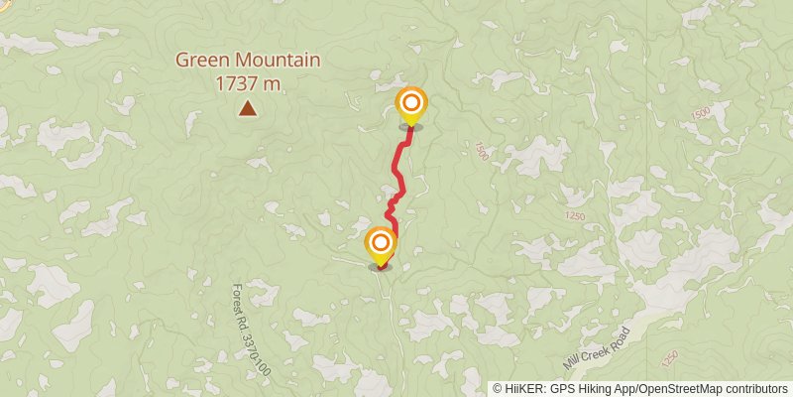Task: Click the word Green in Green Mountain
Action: tap(200, 61)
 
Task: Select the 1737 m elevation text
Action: tap(248, 83)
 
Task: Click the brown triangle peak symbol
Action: tap(246, 108)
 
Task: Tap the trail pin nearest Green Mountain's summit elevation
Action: tap(410, 105)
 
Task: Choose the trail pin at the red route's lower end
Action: tap(381, 244)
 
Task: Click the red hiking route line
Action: tap(398, 174)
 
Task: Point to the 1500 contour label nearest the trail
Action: tap(481, 151)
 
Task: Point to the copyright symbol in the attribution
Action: tap(498, 389)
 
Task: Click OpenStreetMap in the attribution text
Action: tap(681, 389)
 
